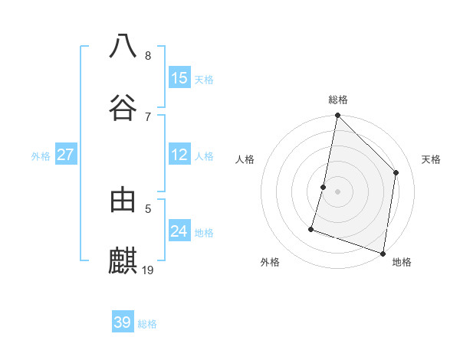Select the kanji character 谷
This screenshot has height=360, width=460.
click(x=123, y=106)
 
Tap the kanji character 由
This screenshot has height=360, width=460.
click(x=123, y=200)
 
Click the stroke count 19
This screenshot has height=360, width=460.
click(x=149, y=270)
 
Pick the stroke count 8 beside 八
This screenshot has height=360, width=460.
click(x=148, y=56)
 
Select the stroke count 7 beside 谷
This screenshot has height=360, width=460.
click(x=148, y=116)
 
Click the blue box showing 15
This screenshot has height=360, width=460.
click(x=179, y=78)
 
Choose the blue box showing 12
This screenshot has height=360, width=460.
click(x=179, y=155)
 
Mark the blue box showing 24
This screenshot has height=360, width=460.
click(x=179, y=231)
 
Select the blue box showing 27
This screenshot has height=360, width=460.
click(x=65, y=155)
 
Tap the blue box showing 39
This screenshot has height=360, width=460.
click(x=123, y=322)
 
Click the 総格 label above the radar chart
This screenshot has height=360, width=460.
click(x=338, y=100)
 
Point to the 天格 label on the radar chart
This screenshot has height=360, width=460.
click(x=432, y=159)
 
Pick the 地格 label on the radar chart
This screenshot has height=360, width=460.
click(x=402, y=262)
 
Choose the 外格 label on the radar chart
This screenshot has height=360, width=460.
click(x=270, y=262)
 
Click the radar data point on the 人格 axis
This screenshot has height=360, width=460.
click(x=324, y=187)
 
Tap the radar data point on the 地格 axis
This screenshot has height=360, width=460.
click(x=383, y=253)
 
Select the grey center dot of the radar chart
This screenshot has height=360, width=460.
click(x=337, y=191)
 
